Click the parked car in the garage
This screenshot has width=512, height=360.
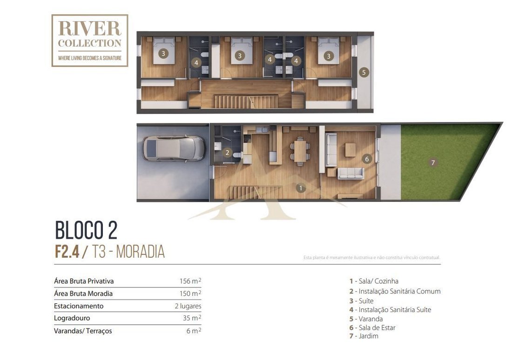click(x=174, y=148)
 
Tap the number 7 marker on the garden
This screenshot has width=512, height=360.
click(x=433, y=162)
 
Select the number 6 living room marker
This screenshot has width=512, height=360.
click(x=367, y=159)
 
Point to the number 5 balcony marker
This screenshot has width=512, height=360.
click(x=364, y=73)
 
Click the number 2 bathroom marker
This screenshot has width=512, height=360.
click(x=227, y=153)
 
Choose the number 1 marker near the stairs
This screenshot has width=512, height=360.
click(x=300, y=188)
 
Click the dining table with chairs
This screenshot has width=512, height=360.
click(x=300, y=151)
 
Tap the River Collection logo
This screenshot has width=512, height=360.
click(x=90, y=40)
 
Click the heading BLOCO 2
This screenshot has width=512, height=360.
click(x=86, y=230)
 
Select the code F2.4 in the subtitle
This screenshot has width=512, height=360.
click(x=67, y=252)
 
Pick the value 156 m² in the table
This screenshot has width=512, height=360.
click(x=190, y=281)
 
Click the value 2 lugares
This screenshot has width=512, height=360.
click(x=188, y=306)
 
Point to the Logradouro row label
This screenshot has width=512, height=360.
click(x=72, y=318)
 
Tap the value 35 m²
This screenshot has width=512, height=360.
click(x=192, y=318)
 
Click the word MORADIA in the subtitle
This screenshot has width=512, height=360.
click(x=141, y=252)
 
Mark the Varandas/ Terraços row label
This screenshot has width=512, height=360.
click(x=83, y=331)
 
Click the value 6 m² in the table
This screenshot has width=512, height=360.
click(x=194, y=331)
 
